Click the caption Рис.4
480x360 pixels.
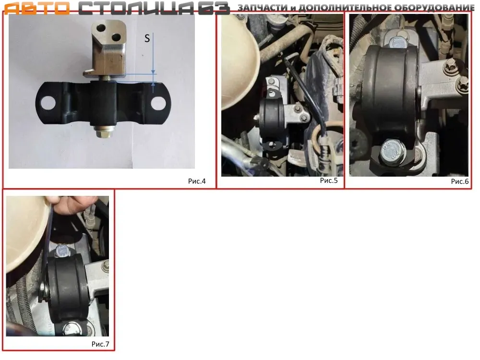click(197, 181)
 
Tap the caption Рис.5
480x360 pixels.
click(329, 180)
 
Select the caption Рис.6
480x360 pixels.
click(460, 181)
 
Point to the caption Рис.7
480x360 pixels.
click(100, 344)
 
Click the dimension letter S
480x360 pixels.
click(147, 38)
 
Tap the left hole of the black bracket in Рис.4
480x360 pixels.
click(48, 103)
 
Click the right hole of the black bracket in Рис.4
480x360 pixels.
click(158, 103)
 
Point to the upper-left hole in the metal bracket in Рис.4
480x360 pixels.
click(101, 28)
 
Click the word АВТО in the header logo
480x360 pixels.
click(37, 8)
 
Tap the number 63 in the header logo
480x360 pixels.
click(214, 8)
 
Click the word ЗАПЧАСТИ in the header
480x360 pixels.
click(263, 7)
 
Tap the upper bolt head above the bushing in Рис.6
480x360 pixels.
click(398, 42)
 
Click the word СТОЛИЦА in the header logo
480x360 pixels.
click(136, 8)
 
